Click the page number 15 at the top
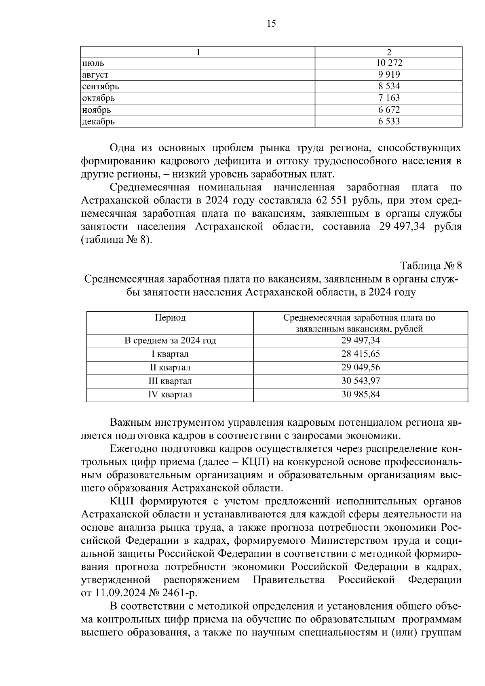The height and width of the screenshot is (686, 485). tap(271, 24)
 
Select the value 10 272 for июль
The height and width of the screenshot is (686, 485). tap(389, 63)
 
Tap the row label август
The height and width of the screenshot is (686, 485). tap(95, 75)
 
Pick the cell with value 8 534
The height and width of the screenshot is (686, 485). tap(389, 86)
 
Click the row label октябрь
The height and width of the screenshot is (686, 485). tap(98, 98)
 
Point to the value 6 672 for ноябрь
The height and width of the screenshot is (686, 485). tap(389, 110)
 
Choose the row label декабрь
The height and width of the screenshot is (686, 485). tap(98, 121)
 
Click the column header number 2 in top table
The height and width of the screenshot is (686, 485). tap(389, 52)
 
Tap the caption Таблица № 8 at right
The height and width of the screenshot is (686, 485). tap(431, 266)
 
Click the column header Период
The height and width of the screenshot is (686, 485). tap(170, 318)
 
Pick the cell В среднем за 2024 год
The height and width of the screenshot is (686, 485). tap(170, 340)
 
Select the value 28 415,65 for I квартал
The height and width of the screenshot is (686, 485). tap(361, 354)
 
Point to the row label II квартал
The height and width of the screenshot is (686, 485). tap(170, 367)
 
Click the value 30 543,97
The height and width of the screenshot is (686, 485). tap(361, 381)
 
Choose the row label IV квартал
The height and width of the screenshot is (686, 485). tap(170, 395)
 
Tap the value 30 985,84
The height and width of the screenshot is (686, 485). tap(361, 395)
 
